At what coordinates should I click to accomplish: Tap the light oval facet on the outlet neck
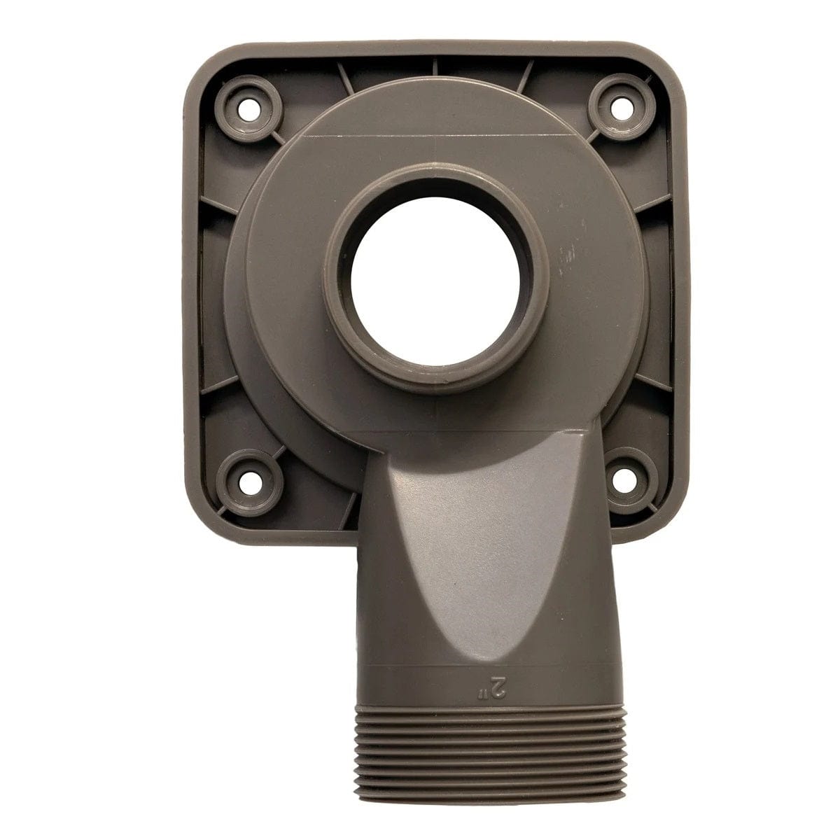coord(448,532)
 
